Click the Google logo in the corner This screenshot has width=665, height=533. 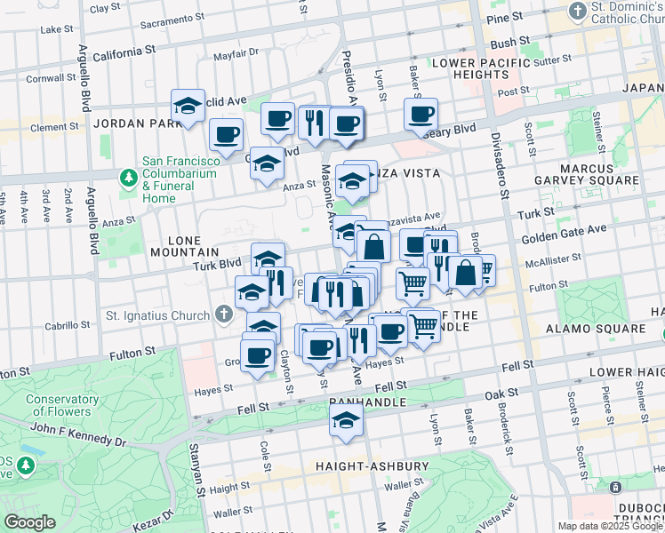29,522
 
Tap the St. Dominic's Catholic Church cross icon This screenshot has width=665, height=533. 579,12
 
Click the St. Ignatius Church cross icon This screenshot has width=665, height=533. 223,314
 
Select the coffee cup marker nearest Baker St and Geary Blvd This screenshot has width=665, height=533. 421,114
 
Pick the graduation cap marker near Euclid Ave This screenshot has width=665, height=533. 188,106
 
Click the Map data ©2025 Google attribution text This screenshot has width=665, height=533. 610,526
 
